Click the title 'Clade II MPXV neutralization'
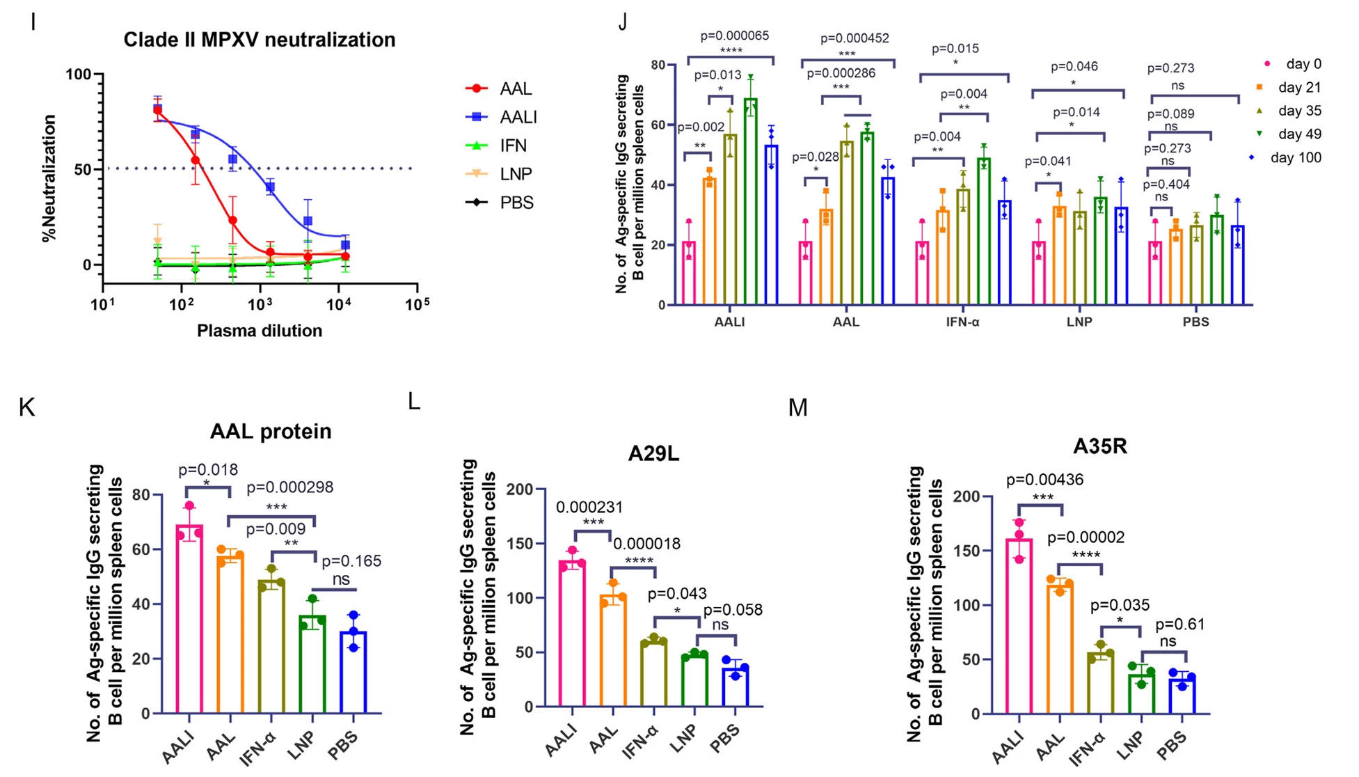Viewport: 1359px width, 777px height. pyautogui.click(x=259, y=40)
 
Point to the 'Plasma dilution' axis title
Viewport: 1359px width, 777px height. pyautogui.click(x=259, y=331)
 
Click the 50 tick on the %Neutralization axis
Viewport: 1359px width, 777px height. pyautogui.click(x=83, y=170)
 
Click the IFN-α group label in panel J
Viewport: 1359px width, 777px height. pyautogui.click(x=962, y=322)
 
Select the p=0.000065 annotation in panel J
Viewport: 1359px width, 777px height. pyautogui.click(x=733, y=36)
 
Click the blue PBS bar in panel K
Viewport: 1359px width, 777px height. pyautogui.click(x=354, y=672)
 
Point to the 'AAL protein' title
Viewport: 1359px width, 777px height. pyautogui.click(x=271, y=432)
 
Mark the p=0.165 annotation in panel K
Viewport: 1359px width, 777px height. pyautogui.click(x=351, y=561)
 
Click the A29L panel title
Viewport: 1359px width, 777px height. pyautogui.click(x=653, y=454)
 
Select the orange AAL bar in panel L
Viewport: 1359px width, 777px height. pyautogui.click(x=613, y=651)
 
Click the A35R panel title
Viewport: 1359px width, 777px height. pyautogui.click(x=1099, y=446)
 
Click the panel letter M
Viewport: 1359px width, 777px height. pyautogui.click(x=797, y=407)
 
